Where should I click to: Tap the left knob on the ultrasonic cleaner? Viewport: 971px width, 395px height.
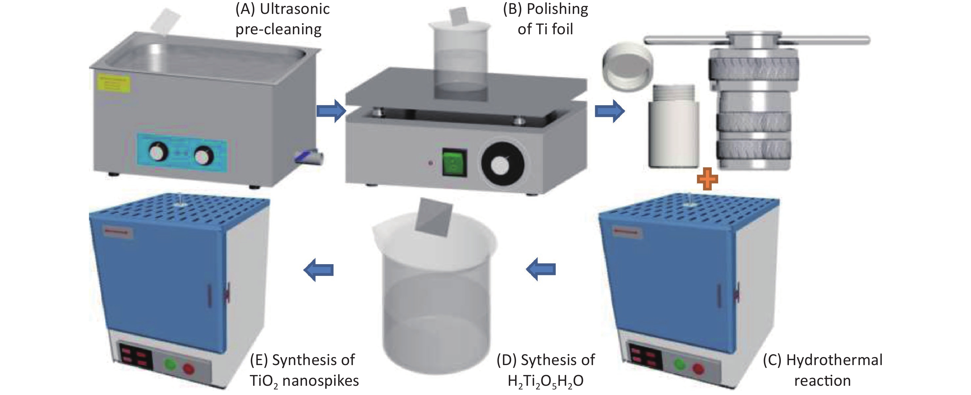click(x=158, y=152)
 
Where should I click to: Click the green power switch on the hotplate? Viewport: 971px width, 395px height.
click(x=455, y=163)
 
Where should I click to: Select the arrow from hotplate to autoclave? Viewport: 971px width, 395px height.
click(x=609, y=111)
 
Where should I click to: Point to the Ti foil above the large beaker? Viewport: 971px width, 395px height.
click(x=433, y=217)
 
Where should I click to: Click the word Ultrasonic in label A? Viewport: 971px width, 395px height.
click(x=295, y=9)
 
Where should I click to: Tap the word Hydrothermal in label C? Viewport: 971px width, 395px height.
click(x=834, y=360)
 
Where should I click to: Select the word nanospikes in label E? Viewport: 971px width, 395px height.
click(x=320, y=381)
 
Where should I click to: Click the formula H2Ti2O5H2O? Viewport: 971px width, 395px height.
click(x=545, y=381)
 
